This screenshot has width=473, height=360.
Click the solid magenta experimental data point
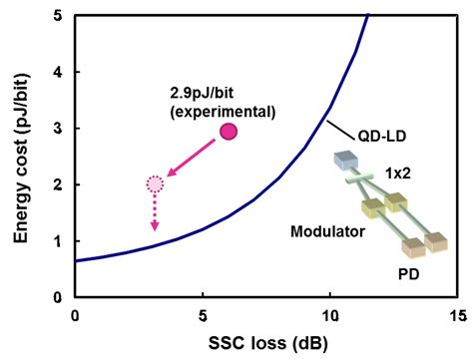[x=229, y=131]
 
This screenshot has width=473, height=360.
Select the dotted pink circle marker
[x=155, y=183]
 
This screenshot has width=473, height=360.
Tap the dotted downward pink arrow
[x=155, y=214]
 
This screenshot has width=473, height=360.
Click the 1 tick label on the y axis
[x=62, y=240]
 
